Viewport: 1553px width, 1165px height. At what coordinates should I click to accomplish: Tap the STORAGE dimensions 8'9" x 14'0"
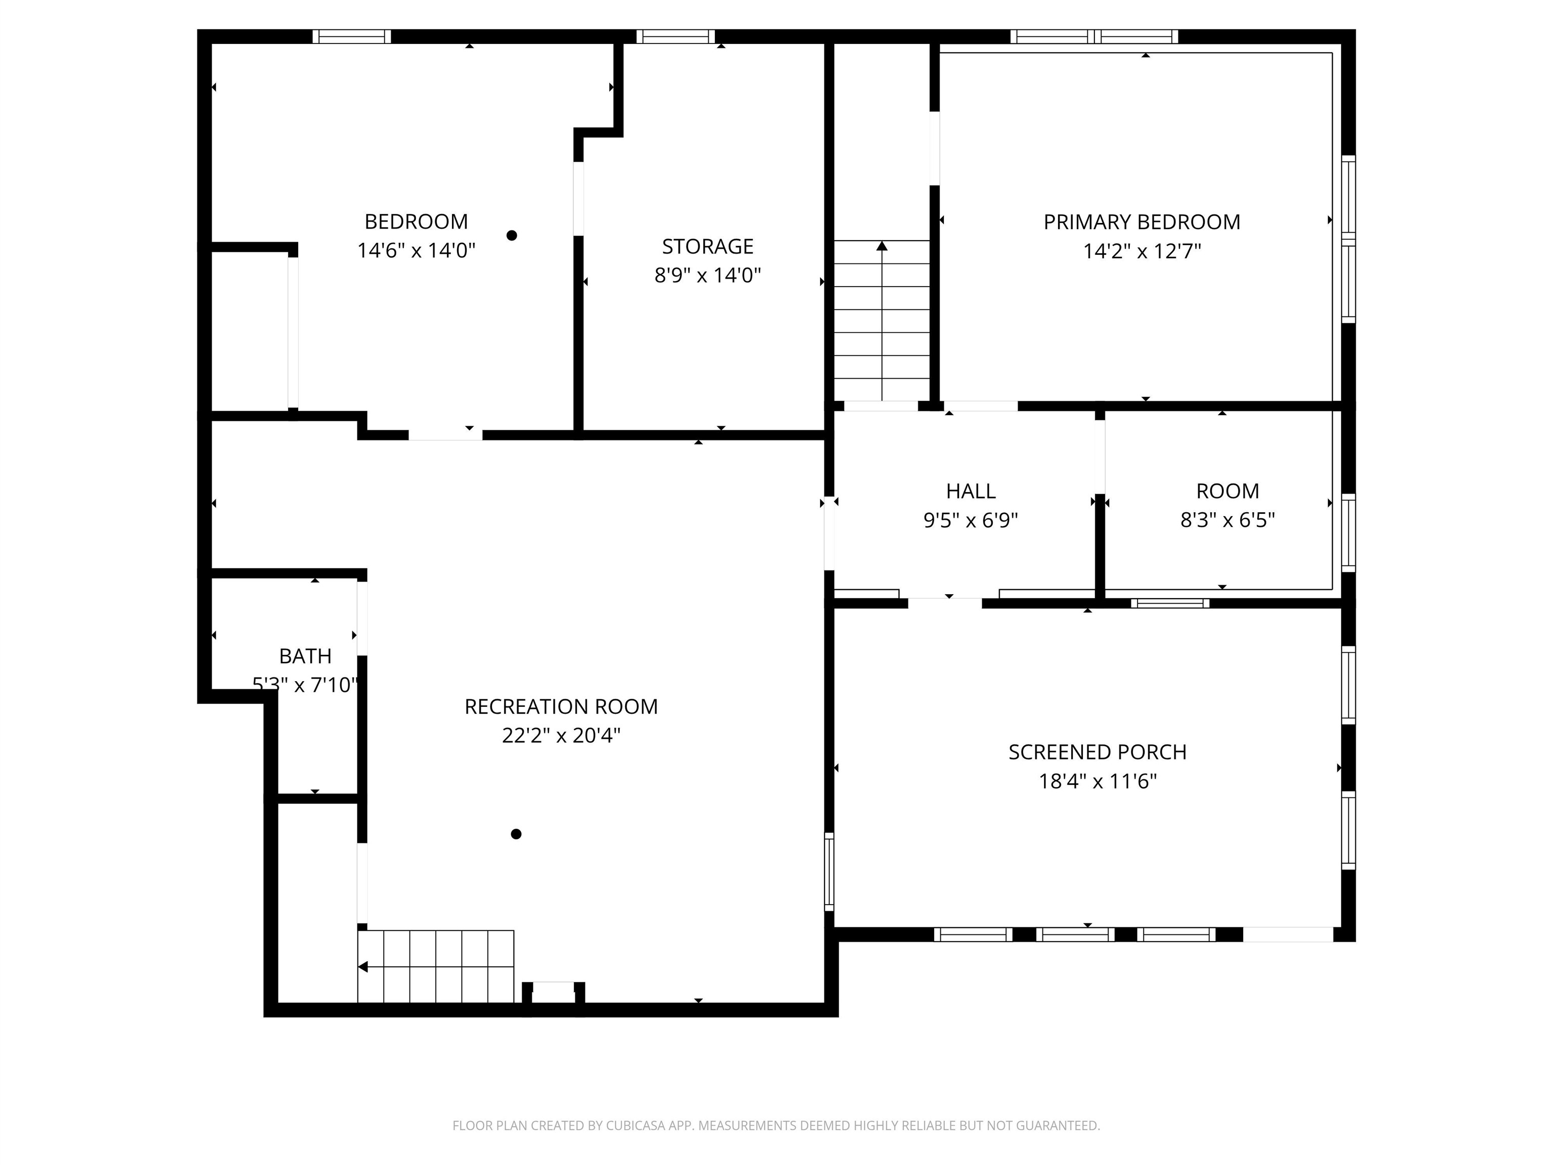pos(707,275)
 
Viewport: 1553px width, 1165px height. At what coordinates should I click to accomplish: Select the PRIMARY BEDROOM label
pos(1141,222)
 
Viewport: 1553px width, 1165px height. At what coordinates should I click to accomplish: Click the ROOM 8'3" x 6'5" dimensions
pos(1227,520)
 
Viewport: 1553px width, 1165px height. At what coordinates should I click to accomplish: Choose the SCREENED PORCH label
pos(1098,752)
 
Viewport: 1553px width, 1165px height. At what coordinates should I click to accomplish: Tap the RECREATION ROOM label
pos(561,706)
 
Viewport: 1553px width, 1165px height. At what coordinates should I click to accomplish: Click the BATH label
pos(305,656)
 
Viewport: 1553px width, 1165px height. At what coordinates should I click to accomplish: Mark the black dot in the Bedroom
pos(512,235)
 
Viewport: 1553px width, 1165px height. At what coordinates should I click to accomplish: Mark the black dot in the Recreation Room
pos(516,834)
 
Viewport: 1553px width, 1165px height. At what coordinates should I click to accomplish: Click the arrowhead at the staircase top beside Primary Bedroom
pos(882,246)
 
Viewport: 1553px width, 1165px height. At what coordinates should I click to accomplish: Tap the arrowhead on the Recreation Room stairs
pos(363,967)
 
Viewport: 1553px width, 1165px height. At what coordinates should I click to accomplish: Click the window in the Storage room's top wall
pos(675,36)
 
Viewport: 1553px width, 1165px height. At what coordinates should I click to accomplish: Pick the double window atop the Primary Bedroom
pos(1094,36)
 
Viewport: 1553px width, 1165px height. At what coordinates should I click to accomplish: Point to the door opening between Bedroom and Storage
pos(578,199)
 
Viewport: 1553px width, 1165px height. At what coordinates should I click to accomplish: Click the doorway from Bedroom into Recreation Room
pos(445,435)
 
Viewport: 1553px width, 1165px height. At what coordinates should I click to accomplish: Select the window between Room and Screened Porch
pos(1170,603)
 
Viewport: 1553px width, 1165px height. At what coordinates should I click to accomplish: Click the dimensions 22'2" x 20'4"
pos(561,736)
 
